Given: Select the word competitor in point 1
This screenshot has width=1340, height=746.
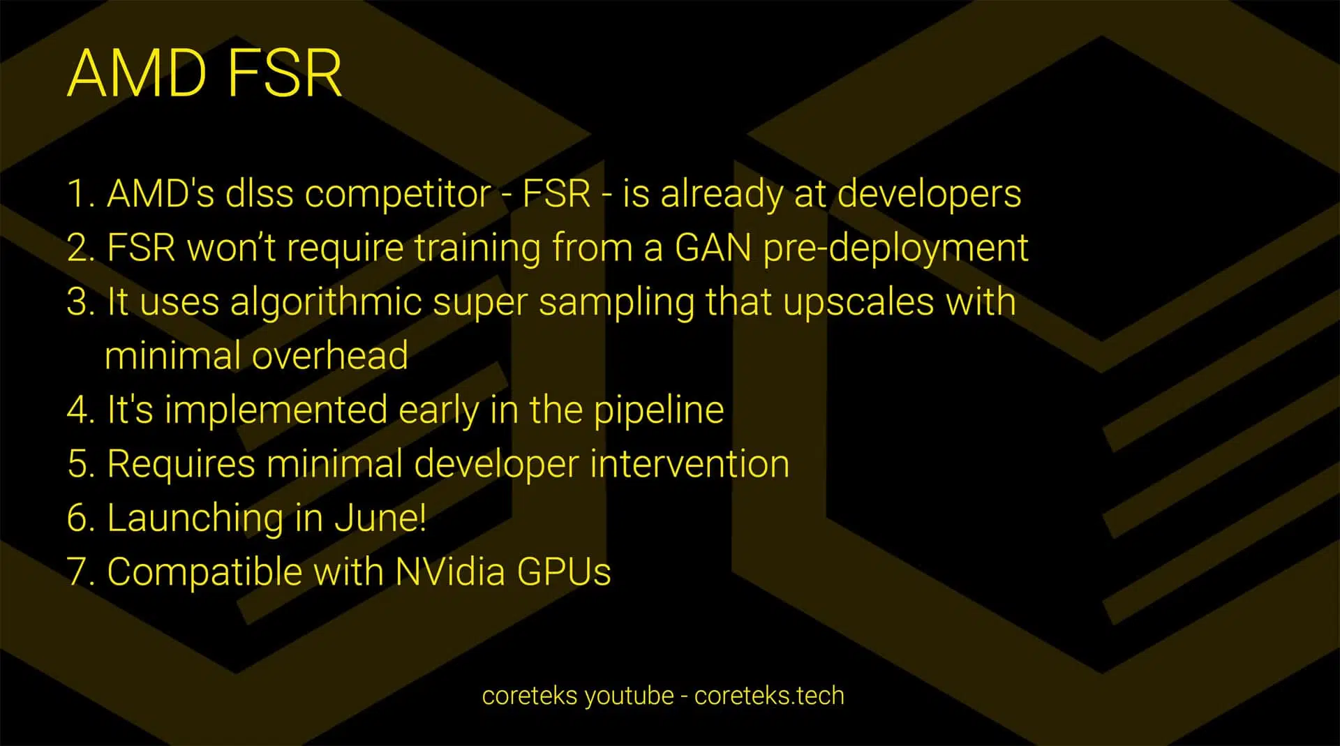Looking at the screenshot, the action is pyautogui.click(x=398, y=194).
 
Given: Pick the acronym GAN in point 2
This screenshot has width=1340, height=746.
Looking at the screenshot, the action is pyautogui.click(x=713, y=248).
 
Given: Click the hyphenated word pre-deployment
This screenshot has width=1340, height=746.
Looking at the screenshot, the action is pyautogui.click(x=895, y=248).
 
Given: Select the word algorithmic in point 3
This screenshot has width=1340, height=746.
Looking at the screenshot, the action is pyautogui.click(x=326, y=303).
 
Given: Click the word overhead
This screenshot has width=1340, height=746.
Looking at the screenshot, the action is pyautogui.click(x=329, y=356).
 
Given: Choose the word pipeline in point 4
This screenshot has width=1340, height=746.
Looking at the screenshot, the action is pyautogui.click(x=659, y=410).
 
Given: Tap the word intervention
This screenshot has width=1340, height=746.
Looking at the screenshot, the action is pyautogui.click(x=690, y=464).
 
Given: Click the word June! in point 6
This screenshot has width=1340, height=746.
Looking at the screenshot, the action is pyautogui.click(x=380, y=518).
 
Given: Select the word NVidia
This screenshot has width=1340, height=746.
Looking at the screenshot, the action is pyautogui.click(x=449, y=572).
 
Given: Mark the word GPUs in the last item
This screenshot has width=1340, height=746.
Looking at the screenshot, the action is pyautogui.click(x=564, y=572).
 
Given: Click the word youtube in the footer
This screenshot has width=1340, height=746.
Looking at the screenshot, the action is pyautogui.click(x=629, y=696).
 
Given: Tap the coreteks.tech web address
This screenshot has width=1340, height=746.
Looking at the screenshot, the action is pyautogui.click(x=769, y=696).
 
